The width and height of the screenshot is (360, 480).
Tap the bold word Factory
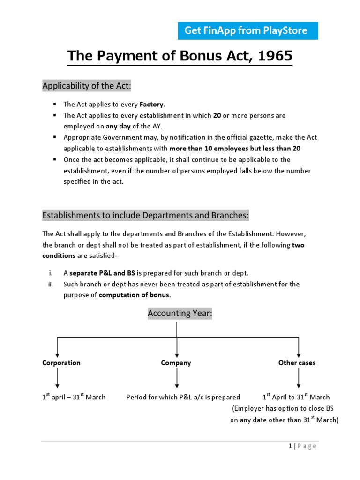pyautogui.click(x=151, y=104)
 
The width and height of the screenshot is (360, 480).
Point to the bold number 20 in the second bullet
pyautogui.click(x=217, y=115)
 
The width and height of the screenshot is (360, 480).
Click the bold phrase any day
pyautogui.click(x=118, y=127)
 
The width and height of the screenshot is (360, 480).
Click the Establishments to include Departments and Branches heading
pyautogui.click(x=145, y=215)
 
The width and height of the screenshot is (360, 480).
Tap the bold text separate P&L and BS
pyautogui.click(x=102, y=273)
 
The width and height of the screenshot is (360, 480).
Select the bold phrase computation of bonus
pyautogui.click(x=135, y=295)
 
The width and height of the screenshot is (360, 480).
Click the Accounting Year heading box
pyautogui.click(x=180, y=314)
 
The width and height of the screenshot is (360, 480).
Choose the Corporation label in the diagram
pyautogui.click(x=61, y=363)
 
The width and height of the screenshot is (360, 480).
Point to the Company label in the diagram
pyautogui.click(x=176, y=363)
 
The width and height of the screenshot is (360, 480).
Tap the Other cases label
pyautogui.click(x=297, y=363)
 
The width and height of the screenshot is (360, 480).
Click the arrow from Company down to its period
pyautogui.click(x=176, y=378)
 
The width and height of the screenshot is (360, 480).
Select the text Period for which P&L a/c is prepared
pyautogui.click(x=183, y=397)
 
